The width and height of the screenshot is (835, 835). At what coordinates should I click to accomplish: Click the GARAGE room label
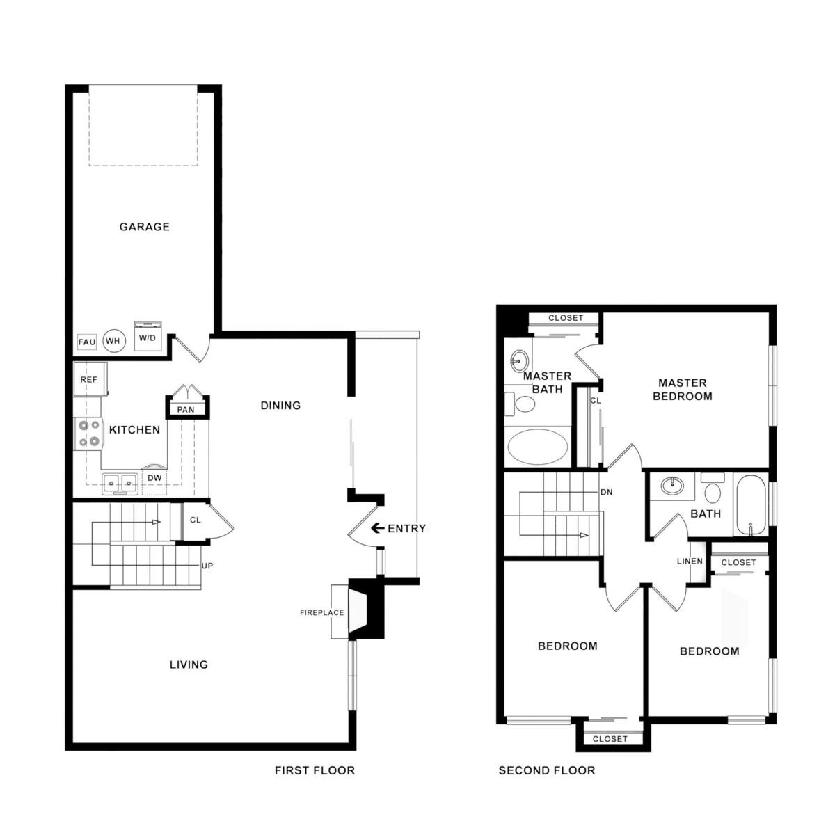pyautogui.click(x=144, y=227)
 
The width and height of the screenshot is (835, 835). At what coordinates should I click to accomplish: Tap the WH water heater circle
pyautogui.click(x=113, y=341)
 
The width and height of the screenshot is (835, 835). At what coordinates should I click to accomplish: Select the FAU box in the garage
pyautogui.click(x=86, y=342)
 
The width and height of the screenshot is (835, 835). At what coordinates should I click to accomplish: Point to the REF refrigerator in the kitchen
pyautogui.click(x=88, y=380)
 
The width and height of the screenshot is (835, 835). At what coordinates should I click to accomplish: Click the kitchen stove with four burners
pyautogui.click(x=88, y=433)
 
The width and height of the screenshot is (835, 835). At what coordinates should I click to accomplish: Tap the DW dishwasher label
pyautogui.click(x=154, y=478)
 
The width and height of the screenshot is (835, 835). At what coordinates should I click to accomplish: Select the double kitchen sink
pyautogui.click(x=119, y=482)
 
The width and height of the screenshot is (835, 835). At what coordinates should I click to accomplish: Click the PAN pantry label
pyautogui.click(x=186, y=410)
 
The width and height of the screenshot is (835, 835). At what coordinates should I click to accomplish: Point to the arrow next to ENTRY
pyautogui.click(x=377, y=528)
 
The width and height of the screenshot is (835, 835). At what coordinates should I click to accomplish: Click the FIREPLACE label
pyautogui.click(x=322, y=613)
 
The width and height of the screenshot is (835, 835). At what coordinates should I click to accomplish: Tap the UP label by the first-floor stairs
pyautogui.click(x=207, y=566)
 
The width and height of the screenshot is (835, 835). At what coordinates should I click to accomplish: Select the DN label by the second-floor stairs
pyautogui.click(x=606, y=492)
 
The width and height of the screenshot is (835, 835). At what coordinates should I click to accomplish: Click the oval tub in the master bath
pyautogui.click(x=536, y=446)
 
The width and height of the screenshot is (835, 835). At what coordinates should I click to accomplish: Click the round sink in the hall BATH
pyautogui.click(x=672, y=486)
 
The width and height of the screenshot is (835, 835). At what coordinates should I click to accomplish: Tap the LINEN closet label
pyautogui.click(x=690, y=562)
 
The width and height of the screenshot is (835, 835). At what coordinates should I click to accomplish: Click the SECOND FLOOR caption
pyautogui.click(x=546, y=770)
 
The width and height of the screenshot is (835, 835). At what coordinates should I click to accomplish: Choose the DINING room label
pyautogui.click(x=280, y=405)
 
